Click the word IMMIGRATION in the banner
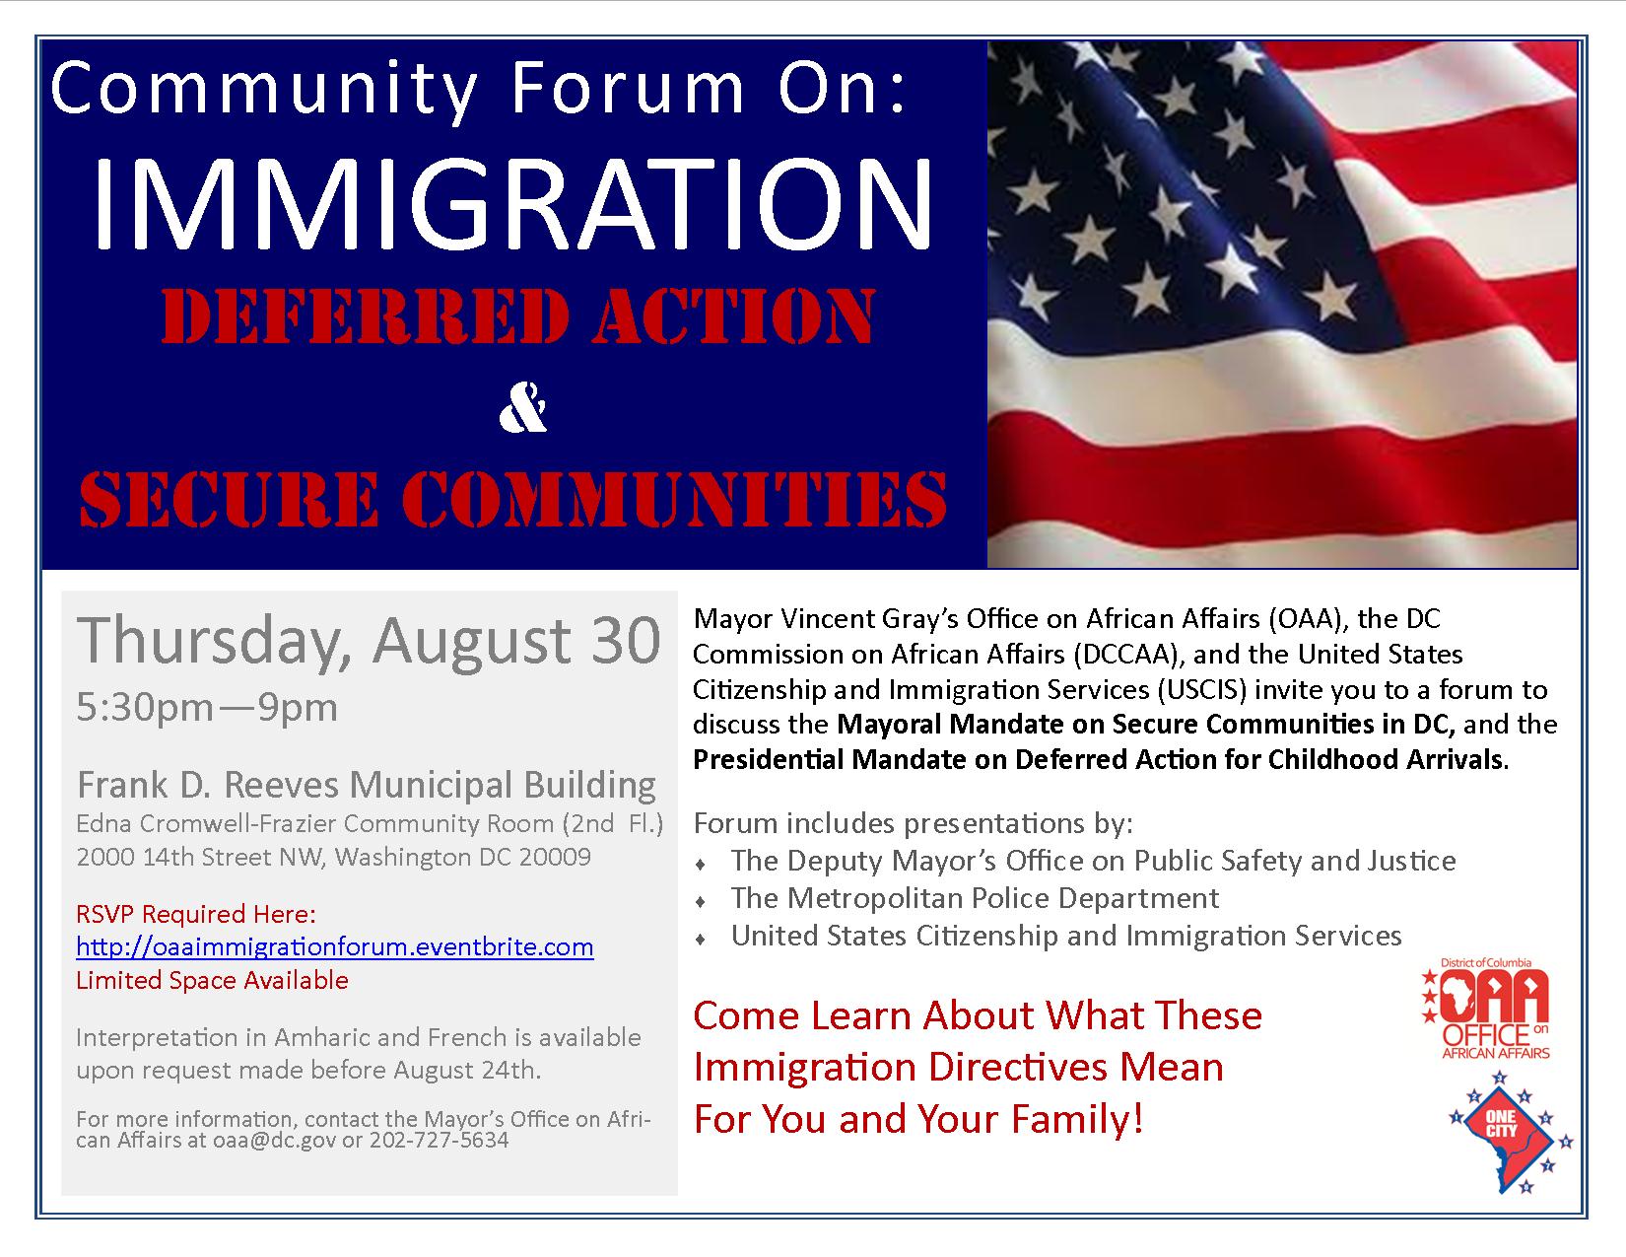pos(512,204)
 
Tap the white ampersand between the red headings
pos(523,407)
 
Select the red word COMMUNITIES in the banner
pos(674,499)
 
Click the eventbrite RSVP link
pos(334,947)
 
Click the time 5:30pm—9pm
pos(207,708)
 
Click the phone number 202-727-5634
pos(439,1140)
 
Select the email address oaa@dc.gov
pos(274,1141)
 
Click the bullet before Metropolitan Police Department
pos(701,902)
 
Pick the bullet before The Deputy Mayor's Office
pos(701,865)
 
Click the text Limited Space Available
pos(212,981)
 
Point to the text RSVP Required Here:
pos(196,914)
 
